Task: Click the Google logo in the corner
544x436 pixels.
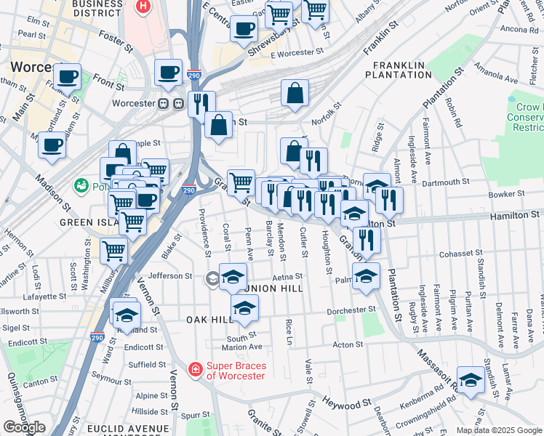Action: pos(24,427)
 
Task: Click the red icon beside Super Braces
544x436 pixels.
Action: pos(195,370)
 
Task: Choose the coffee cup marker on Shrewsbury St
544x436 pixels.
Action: pos(244,28)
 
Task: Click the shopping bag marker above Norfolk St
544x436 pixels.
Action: pos(295,93)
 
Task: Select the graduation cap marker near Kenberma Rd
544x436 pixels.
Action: pos(471,380)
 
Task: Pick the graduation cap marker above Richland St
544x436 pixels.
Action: pos(126,314)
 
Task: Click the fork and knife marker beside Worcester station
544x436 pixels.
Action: pos(201,102)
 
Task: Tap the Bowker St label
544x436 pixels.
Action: pos(506,194)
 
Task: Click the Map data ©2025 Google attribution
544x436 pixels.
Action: pos(498,430)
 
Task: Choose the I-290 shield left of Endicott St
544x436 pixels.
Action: pos(97,338)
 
